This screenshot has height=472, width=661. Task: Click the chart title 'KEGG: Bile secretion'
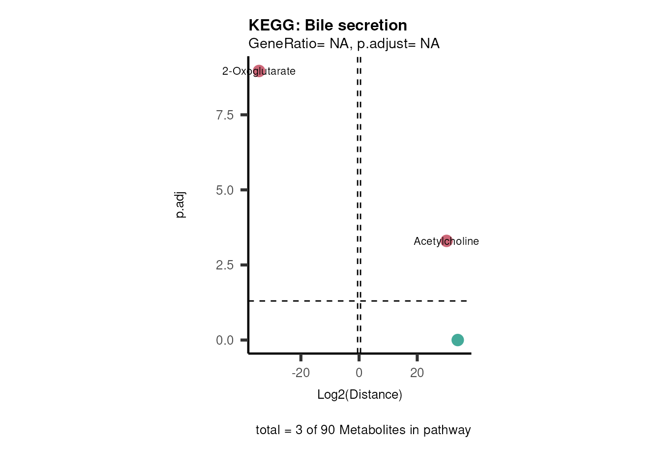pyautogui.click(x=328, y=25)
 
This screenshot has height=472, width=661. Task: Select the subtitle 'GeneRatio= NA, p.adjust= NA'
pyautogui.click(x=344, y=44)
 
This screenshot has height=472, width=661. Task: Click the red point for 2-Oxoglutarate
pyautogui.click(x=259, y=71)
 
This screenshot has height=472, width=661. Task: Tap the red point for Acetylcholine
pyautogui.click(x=446, y=241)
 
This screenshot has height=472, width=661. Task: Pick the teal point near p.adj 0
pyautogui.click(x=457, y=340)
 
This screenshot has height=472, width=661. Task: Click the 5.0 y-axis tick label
pyautogui.click(x=225, y=190)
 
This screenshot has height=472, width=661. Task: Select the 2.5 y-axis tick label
pyautogui.click(x=225, y=265)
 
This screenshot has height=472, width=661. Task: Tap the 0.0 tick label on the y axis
pyautogui.click(x=225, y=340)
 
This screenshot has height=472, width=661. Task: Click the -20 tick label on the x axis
pyautogui.click(x=300, y=373)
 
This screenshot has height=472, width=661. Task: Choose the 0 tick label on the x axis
pyautogui.click(x=359, y=373)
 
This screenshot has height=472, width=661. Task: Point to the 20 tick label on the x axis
pyautogui.click(x=417, y=373)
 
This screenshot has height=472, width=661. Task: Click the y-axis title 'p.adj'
pyautogui.click(x=180, y=205)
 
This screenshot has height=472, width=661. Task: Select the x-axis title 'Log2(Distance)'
pyautogui.click(x=360, y=394)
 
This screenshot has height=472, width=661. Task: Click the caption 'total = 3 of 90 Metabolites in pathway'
pyautogui.click(x=363, y=430)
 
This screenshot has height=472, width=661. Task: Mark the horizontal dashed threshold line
pyautogui.click(x=305, y=300)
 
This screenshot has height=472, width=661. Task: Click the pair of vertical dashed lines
pyautogui.click(x=359, y=197)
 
